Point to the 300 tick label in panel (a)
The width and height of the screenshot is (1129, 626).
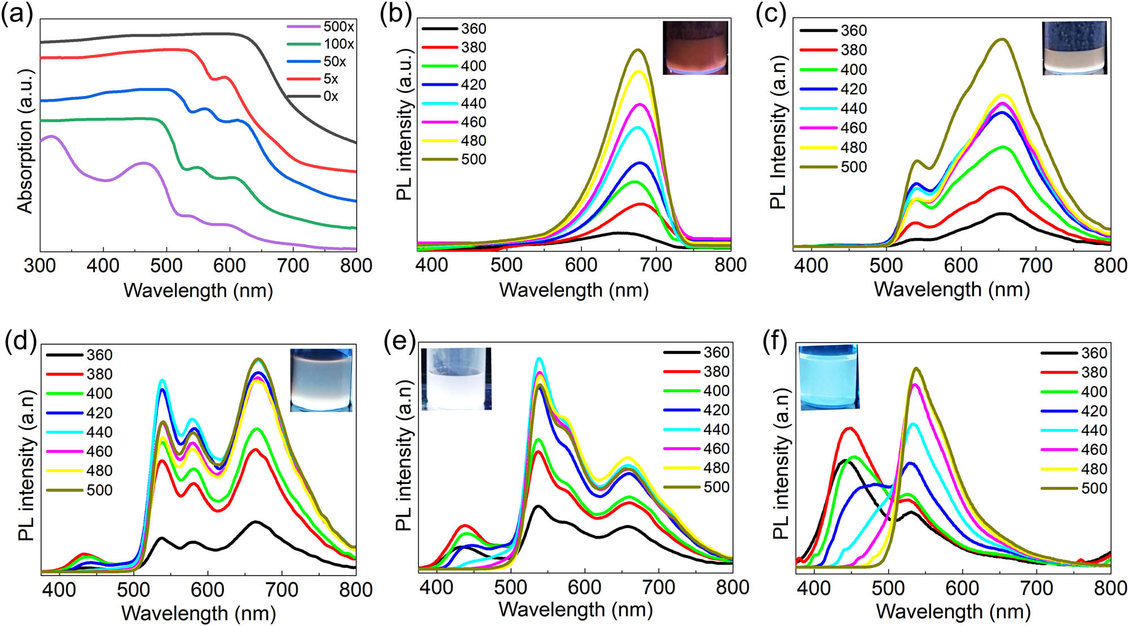point(39,265)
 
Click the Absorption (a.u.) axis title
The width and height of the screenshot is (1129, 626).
point(25,141)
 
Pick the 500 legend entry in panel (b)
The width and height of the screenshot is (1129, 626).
point(454,159)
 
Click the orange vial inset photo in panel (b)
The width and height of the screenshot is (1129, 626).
point(695,48)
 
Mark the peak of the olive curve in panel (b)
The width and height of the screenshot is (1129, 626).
point(638,50)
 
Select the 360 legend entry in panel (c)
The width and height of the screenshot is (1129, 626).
point(833,30)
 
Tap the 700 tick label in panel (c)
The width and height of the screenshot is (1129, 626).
point(1035,265)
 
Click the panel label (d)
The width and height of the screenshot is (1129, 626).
point(20,341)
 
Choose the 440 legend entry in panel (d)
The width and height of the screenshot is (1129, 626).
point(80,432)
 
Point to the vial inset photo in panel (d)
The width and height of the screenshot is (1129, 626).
point(321,380)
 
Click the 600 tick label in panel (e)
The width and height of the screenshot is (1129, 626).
point(584,587)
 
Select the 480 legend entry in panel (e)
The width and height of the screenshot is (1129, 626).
point(696,468)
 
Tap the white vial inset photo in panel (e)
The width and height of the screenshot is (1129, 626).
point(456,379)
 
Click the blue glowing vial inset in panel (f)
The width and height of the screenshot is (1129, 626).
point(829,377)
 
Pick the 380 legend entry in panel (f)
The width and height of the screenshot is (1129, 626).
point(1074,372)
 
